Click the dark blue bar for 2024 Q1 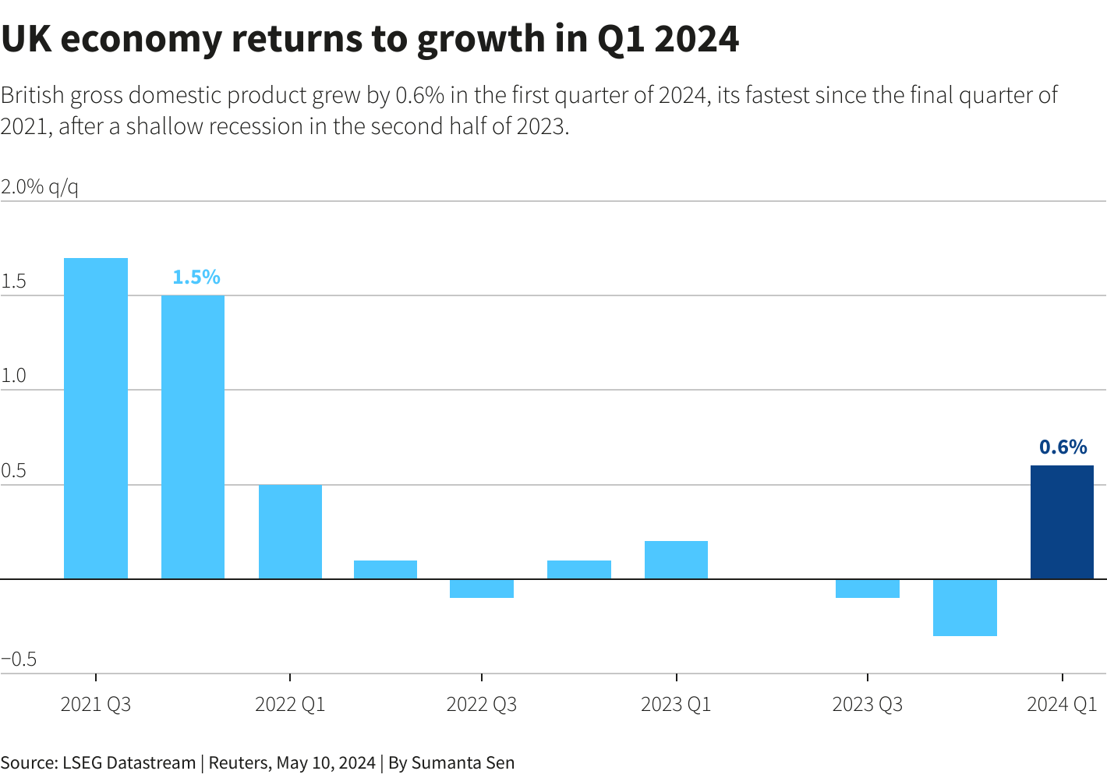click(1062, 522)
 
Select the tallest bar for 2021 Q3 click(96, 419)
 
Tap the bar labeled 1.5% click(193, 437)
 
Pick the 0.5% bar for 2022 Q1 click(290, 532)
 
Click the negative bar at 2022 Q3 click(482, 589)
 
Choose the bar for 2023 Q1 click(676, 560)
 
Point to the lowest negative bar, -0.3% click(964, 607)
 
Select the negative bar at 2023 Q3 click(868, 589)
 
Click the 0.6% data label click(1063, 447)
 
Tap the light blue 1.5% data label click(196, 277)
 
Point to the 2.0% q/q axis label click(40, 187)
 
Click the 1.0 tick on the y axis click(14, 376)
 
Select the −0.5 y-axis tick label click(19, 660)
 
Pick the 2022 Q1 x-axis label click(290, 705)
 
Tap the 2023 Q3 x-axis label click(867, 705)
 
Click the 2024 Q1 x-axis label click(1062, 705)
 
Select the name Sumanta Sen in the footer click(463, 762)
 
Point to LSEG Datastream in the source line click(129, 762)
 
